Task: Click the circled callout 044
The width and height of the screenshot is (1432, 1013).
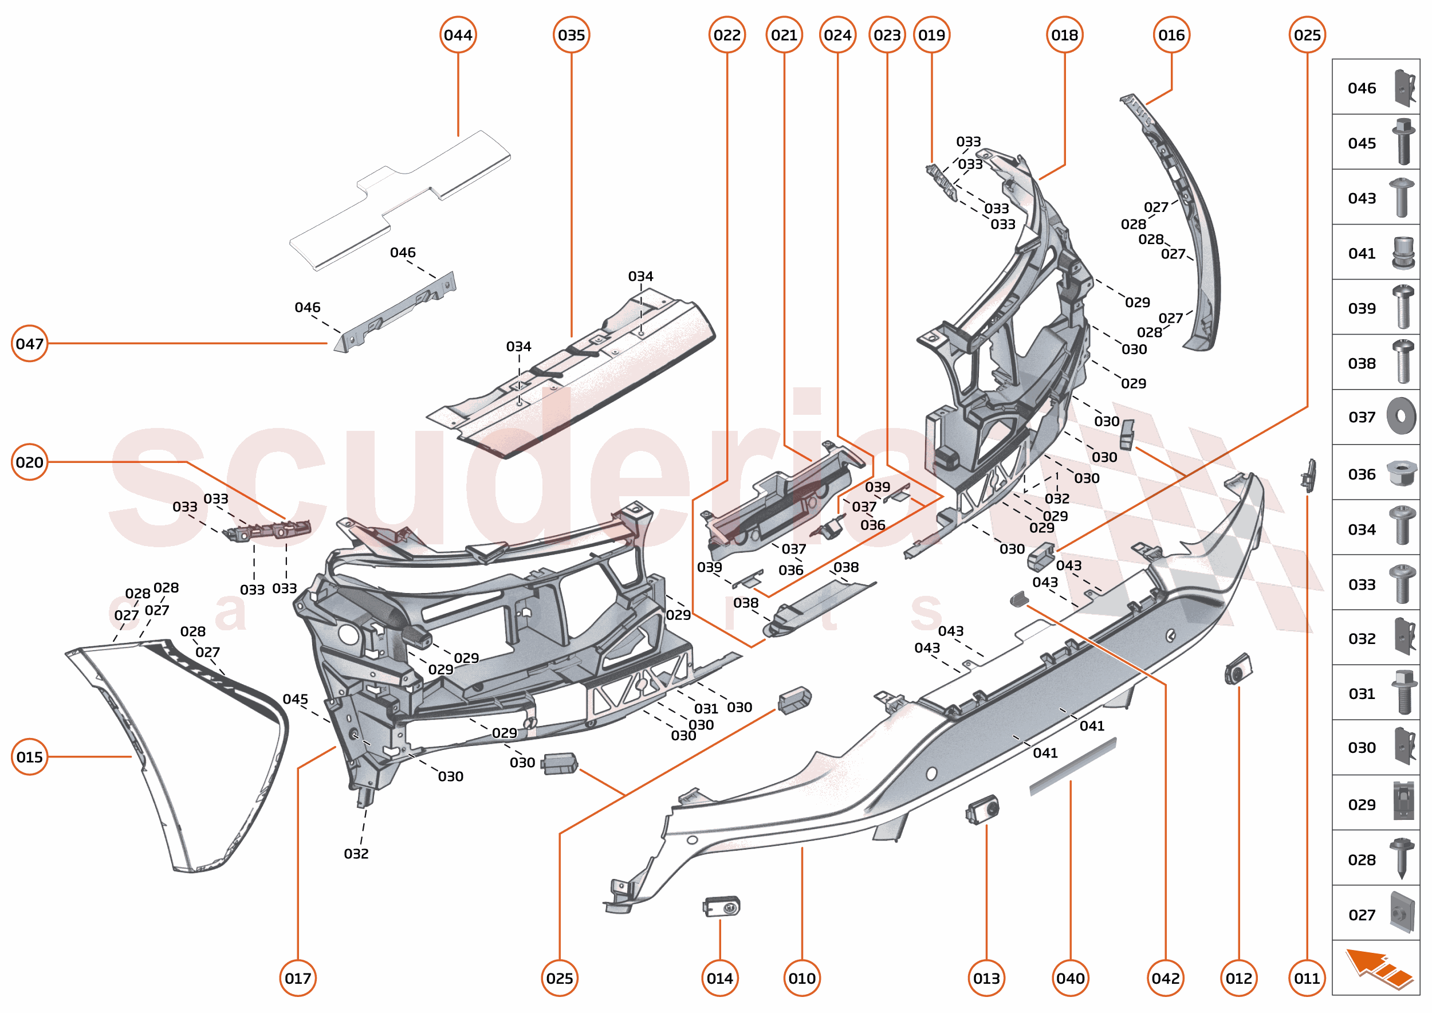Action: click(458, 35)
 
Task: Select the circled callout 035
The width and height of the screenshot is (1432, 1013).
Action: click(571, 35)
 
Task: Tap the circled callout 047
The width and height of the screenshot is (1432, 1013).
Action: click(29, 343)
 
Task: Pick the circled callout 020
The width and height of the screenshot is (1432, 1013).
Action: click(29, 462)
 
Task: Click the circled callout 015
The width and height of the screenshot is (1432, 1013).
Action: click(29, 757)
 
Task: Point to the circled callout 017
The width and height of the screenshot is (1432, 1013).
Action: click(297, 978)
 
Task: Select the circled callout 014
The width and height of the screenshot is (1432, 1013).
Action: click(720, 978)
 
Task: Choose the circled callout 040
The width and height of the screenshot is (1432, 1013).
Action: click(1070, 978)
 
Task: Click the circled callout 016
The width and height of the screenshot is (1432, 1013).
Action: click(1171, 35)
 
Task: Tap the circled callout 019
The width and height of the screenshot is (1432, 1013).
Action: click(932, 35)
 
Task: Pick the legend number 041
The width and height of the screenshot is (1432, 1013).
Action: click(1362, 253)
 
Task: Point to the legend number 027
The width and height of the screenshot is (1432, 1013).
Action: click(1362, 915)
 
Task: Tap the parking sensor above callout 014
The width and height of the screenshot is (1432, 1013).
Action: click(722, 906)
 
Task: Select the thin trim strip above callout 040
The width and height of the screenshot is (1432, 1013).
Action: click(1072, 767)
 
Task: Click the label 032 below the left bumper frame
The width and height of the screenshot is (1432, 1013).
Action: click(356, 853)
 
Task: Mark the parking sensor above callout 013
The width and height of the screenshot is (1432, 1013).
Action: click(982, 810)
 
